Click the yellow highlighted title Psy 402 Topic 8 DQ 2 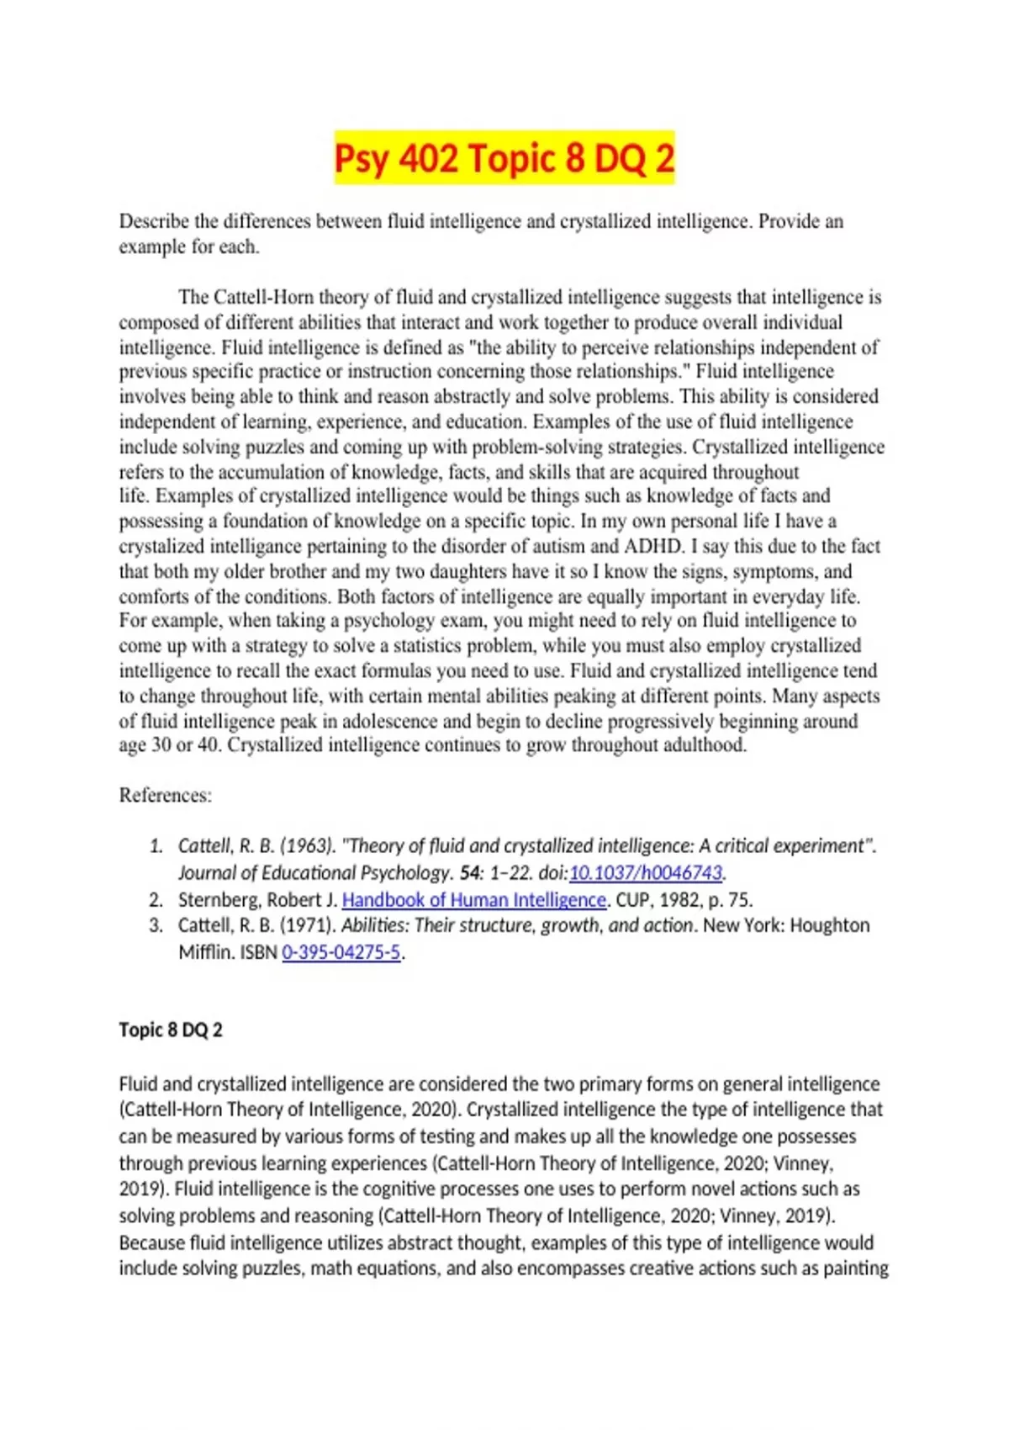point(504,158)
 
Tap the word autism point(563,546)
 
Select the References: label point(166,795)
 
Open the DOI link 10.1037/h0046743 point(646,872)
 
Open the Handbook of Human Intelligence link point(474,899)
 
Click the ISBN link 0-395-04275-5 point(341,952)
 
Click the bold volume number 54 point(470,872)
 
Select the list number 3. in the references point(156,925)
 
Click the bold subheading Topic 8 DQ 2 point(171,1030)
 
